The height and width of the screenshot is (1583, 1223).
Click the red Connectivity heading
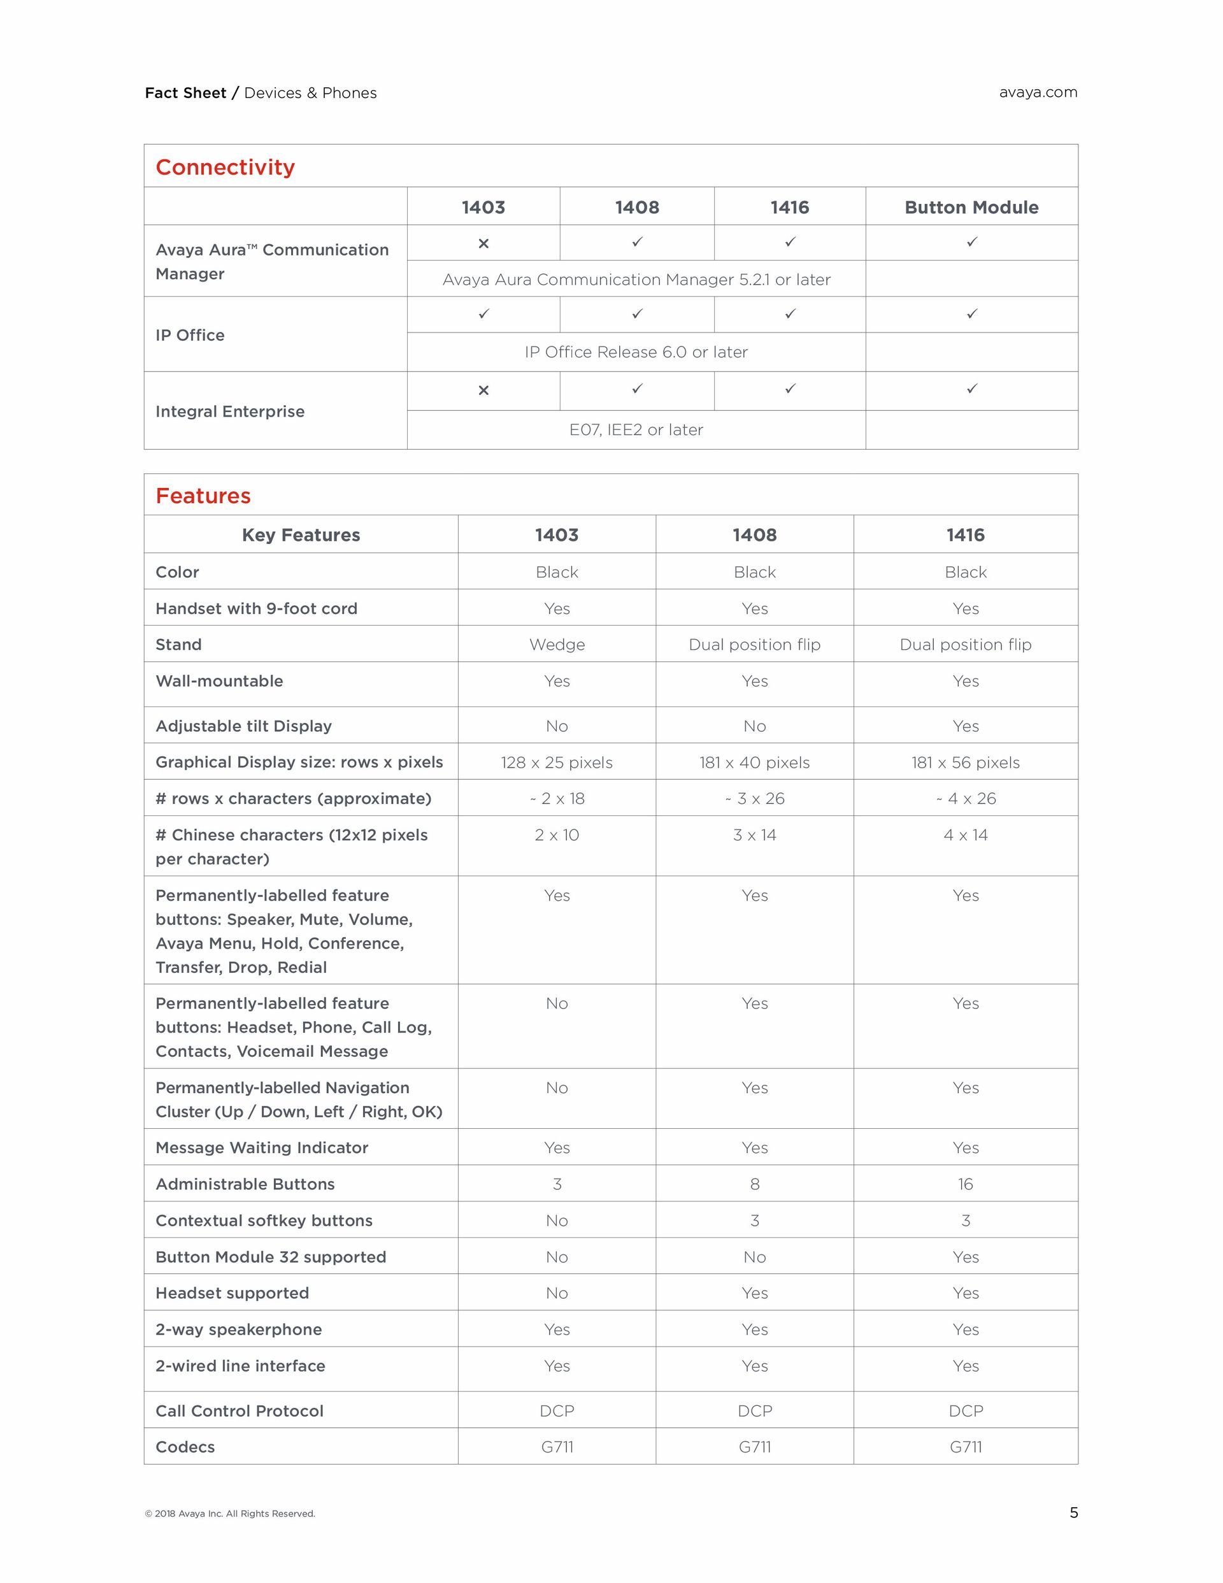[x=225, y=168]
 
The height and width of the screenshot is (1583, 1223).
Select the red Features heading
[x=203, y=496]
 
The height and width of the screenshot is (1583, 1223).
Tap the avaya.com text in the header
[x=1038, y=92]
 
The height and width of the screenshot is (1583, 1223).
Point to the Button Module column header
[x=971, y=207]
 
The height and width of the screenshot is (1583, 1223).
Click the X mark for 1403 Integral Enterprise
[x=483, y=390]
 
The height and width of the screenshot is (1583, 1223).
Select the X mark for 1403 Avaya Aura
[x=483, y=243]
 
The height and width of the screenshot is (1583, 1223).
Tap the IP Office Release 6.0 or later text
[x=636, y=352]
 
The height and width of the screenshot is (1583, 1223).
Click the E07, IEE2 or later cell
[x=636, y=430]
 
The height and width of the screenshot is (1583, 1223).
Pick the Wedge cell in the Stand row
[x=557, y=645]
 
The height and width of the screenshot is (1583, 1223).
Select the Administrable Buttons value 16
[x=965, y=1184]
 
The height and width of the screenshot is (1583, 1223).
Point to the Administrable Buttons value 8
[x=755, y=1184]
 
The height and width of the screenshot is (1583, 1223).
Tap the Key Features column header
[x=301, y=535]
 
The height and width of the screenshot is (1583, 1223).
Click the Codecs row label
[x=185, y=1447]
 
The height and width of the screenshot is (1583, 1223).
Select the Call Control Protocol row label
[x=240, y=1410]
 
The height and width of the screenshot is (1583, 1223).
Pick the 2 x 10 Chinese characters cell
[x=557, y=835]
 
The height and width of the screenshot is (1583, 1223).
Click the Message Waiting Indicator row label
[x=262, y=1147]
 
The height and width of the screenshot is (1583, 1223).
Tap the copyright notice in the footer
[x=230, y=1514]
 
